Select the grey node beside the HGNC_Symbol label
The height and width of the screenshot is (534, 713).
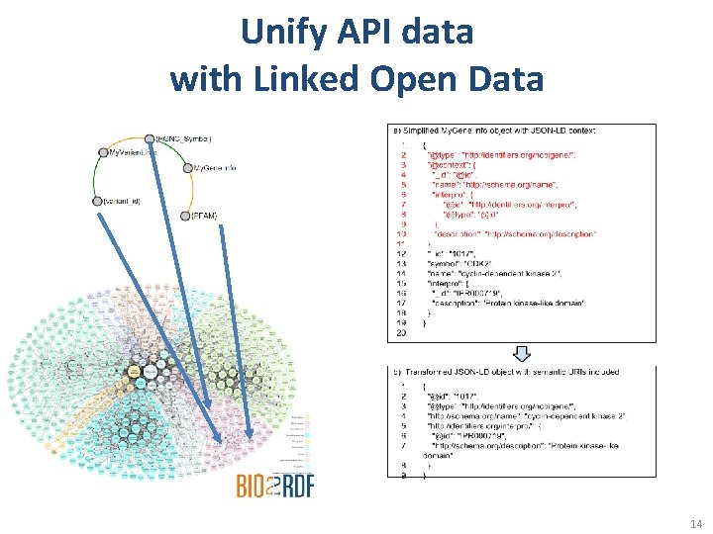tap(150, 138)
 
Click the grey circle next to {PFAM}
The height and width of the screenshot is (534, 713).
tap(185, 215)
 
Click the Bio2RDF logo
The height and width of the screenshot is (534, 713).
tap(273, 485)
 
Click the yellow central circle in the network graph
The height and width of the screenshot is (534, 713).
tap(133, 370)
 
